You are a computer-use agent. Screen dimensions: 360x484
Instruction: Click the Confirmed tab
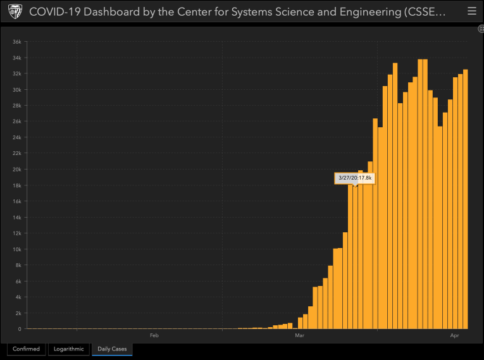(x=26, y=349)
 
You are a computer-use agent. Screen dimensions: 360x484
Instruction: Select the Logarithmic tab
(x=68, y=349)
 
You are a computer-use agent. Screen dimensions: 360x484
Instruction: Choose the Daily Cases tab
(x=111, y=349)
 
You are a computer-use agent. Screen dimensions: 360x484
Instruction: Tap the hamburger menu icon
(x=471, y=11)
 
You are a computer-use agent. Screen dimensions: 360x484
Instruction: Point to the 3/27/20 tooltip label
(x=354, y=178)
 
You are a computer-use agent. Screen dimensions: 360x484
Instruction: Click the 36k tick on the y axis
(x=18, y=42)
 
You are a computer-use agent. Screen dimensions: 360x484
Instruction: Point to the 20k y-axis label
(x=18, y=170)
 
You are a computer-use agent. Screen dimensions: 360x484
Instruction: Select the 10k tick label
(x=18, y=249)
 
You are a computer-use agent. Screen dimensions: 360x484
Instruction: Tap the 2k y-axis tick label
(x=19, y=313)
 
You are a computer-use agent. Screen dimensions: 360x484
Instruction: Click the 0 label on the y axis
(x=20, y=329)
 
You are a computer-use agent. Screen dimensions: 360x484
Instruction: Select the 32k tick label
(x=18, y=73)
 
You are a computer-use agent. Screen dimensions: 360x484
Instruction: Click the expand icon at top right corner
(x=481, y=29)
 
